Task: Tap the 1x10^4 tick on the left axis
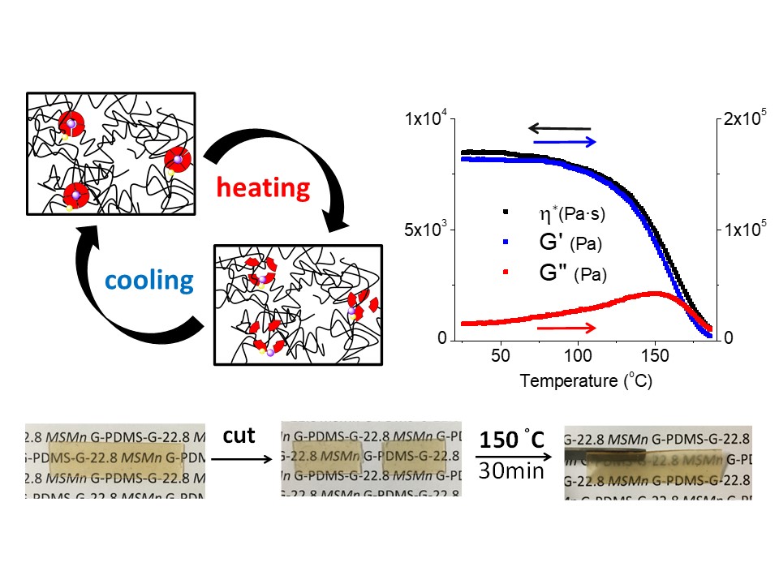[x=423, y=120]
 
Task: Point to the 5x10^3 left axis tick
[x=423, y=230]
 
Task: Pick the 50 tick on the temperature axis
[x=501, y=355]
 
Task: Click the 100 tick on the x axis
[x=577, y=355]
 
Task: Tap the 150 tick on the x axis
[x=654, y=355]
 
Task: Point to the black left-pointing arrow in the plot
[x=559, y=127]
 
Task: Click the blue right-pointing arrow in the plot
[x=566, y=141]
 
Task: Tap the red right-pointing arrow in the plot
[x=566, y=327]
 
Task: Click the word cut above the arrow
[x=239, y=436]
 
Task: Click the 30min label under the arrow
[x=509, y=468]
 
